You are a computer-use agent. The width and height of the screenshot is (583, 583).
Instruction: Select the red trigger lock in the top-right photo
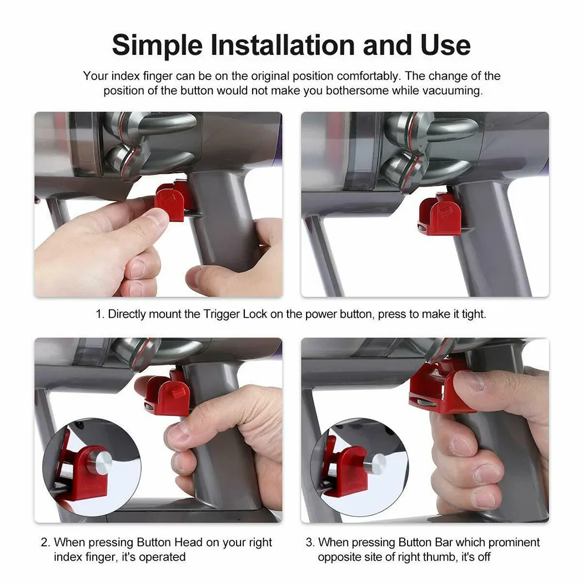(441, 214)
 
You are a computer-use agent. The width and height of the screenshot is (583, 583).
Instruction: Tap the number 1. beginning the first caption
(100, 314)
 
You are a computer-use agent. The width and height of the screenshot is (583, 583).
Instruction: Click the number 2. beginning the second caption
(46, 542)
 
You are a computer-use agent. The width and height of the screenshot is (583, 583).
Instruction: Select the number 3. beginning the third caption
(310, 542)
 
